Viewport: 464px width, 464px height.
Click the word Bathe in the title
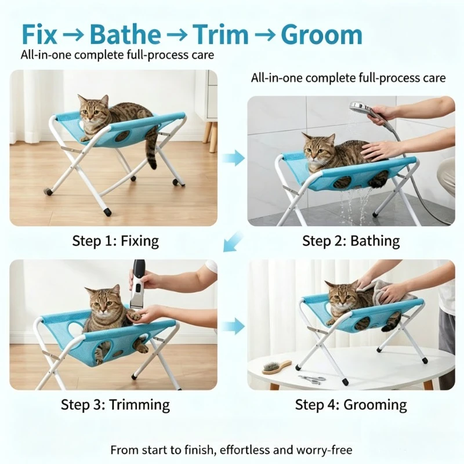click(125, 35)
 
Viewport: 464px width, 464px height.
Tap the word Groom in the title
click(321, 35)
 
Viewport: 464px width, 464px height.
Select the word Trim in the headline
click(220, 35)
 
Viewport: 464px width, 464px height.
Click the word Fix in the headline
click(39, 35)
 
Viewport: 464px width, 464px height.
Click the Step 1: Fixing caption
click(115, 241)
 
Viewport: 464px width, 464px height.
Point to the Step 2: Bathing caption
click(351, 241)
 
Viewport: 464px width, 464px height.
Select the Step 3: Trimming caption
click(115, 404)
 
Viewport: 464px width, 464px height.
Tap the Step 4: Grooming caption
click(351, 404)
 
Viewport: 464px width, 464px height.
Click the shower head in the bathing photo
click(359, 107)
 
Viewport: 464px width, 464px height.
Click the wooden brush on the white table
click(277, 367)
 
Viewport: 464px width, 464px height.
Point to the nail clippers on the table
click(311, 379)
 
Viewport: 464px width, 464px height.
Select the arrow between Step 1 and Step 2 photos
click(234, 158)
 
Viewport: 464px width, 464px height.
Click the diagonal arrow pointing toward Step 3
click(233, 241)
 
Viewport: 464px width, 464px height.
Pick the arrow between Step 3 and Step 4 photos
click(234, 326)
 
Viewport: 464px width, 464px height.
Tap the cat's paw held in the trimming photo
click(134, 316)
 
